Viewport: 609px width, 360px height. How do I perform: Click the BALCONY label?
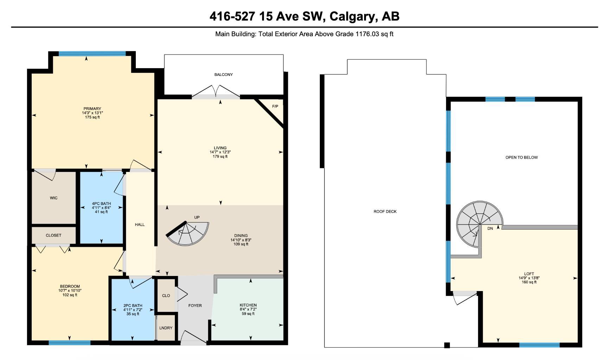(x=223, y=75)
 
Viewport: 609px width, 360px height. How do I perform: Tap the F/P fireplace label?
(x=275, y=106)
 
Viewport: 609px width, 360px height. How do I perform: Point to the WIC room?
(x=53, y=198)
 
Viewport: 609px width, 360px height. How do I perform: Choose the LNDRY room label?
(x=166, y=328)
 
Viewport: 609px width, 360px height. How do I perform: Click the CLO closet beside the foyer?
(x=166, y=296)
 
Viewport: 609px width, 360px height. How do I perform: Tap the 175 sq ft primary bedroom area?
(x=92, y=117)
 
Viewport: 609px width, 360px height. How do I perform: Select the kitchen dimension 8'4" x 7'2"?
(x=248, y=309)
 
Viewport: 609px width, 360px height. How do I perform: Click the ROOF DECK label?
(x=385, y=212)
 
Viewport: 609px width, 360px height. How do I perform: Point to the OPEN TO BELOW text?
(x=521, y=157)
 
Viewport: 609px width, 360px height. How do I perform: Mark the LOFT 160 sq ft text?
(x=529, y=282)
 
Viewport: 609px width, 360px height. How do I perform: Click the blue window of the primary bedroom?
(x=92, y=54)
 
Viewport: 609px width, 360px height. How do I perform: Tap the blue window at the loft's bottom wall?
(x=539, y=345)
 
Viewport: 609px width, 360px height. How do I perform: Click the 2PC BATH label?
(x=133, y=306)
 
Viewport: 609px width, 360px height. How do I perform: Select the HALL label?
(x=140, y=225)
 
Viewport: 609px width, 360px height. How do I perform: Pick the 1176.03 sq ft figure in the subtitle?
(x=374, y=34)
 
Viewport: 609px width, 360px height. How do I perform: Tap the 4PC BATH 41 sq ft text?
(x=101, y=212)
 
